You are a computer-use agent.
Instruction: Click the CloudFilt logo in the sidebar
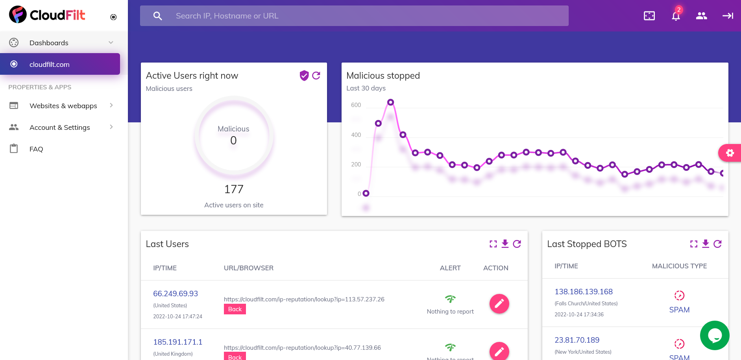[x=47, y=15]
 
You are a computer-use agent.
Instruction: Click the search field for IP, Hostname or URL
[x=354, y=16]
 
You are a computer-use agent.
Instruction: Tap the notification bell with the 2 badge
[x=676, y=16]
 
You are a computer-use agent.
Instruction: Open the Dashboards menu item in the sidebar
[x=49, y=42]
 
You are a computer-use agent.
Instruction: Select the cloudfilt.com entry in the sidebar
[x=50, y=64]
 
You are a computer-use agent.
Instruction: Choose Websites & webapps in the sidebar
[x=63, y=105]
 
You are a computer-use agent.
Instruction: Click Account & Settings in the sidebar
[x=59, y=127]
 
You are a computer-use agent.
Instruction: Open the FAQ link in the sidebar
[x=36, y=149]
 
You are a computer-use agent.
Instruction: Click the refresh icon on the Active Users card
[x=316, y=76]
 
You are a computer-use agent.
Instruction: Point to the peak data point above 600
[x=390, y=102]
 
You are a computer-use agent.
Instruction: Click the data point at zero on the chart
[x=366, y=193]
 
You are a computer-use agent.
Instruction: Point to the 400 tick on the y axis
[x=356, y=135]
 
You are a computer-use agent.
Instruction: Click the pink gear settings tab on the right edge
[x=730, y=153]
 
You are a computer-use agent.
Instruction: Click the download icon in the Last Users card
[x=505, y=244]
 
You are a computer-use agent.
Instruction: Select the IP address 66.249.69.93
[x=176, y=294]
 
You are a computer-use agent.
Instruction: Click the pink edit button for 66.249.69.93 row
[x=499, y=304]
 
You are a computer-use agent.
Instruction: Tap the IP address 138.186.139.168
[x=584, y=292]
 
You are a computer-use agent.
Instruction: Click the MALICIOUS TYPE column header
[x=679, y=266]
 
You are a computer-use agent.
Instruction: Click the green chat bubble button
[x=715, y=335]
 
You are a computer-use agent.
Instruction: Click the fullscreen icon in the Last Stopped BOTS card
[x=694, y=244]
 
